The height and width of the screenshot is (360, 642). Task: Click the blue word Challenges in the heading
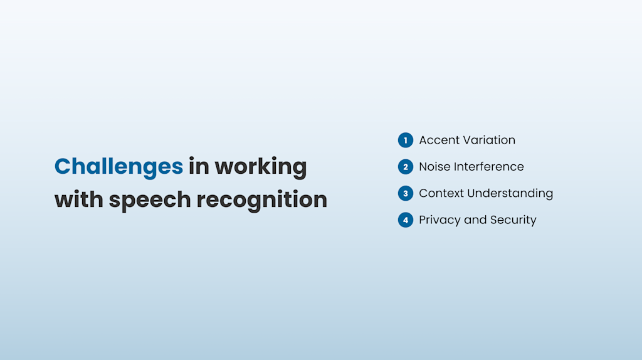coord(118,167)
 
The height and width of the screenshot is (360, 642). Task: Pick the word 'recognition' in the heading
coord(262,200)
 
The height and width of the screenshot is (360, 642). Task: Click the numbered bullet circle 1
coord(406,140)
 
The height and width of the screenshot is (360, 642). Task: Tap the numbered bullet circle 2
coord(406,167)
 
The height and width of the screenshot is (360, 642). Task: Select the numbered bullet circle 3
coord(406,193)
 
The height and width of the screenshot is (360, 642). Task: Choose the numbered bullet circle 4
coord(406,220)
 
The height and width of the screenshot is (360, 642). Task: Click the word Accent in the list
coord(439,140)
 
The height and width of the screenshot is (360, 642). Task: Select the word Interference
coord(489,167)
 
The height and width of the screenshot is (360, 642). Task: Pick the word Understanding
coord(511,194)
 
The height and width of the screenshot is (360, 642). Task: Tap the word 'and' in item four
coord(475,220)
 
